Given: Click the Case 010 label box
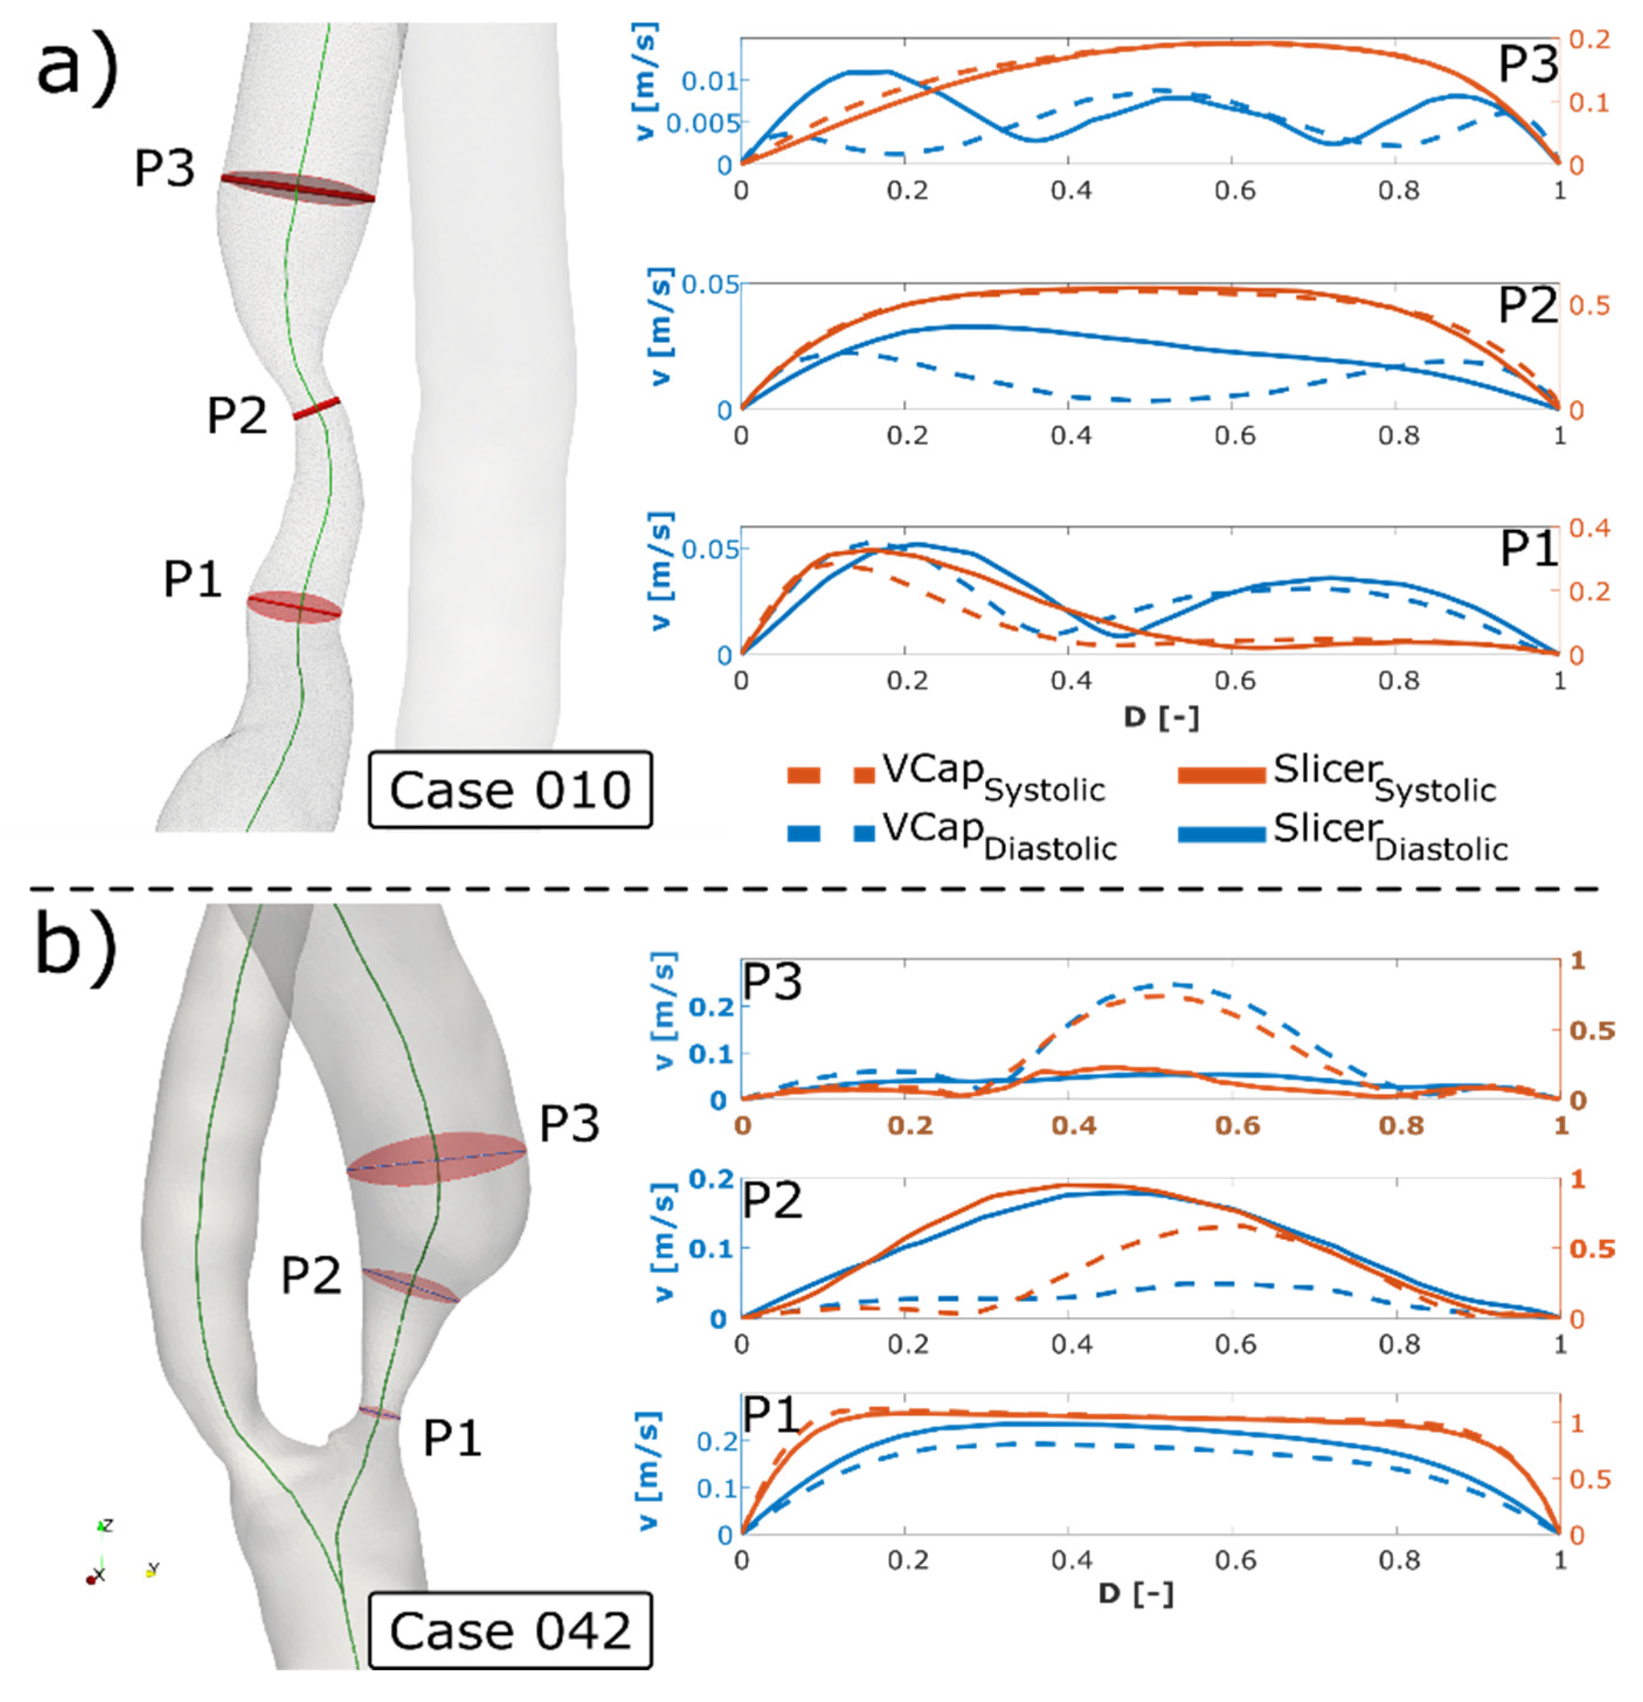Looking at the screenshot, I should click(x=509, y=789).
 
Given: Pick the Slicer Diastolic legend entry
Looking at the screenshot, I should click(x=1342, y=834).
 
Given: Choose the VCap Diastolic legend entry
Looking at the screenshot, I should click(x=951, y=834).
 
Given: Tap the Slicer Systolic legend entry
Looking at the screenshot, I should click(x=1337, y=775).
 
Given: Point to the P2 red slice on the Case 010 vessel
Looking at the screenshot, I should click(x=316, y=408).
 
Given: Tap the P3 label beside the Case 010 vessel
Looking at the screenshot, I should click(x=164, y=168).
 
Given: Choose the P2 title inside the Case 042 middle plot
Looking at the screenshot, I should click(x=772, y=1200).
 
